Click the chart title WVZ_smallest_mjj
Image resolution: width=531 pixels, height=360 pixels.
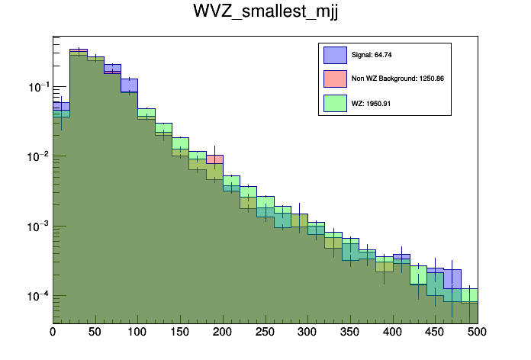tap(265, 13)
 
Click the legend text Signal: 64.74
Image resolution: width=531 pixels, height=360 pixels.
tap(372, 55)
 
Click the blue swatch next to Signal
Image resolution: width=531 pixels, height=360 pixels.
tap(335, 55)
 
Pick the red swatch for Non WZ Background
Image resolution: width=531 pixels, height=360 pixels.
tap(335, 79)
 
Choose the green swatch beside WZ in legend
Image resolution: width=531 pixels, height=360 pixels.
tap(335, 103)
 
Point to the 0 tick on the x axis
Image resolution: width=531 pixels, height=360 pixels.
tap(53, 332)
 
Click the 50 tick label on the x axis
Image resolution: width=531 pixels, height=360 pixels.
tap(95, 332)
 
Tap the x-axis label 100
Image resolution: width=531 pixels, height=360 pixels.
tap(137, 332)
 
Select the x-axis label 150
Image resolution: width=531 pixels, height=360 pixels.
tap(180, 332)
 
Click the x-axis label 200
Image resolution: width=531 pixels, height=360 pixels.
tap(223, 332)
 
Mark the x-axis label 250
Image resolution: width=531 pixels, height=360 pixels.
tap(265, 332)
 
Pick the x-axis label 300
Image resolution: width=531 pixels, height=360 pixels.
tap(307, 332)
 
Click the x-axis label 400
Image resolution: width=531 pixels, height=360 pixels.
tap(392, 332)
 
